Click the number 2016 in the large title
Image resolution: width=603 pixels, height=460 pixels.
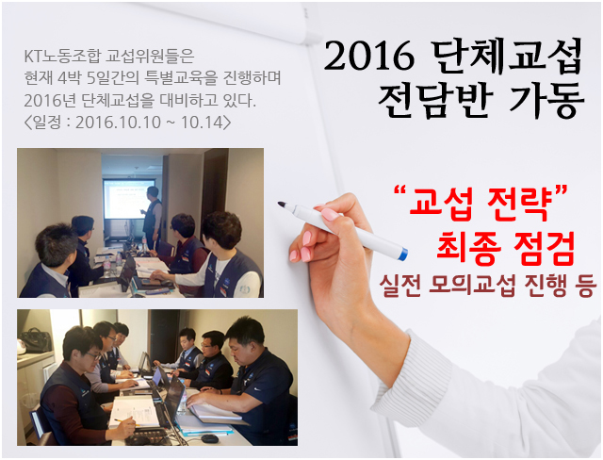click(368, 57)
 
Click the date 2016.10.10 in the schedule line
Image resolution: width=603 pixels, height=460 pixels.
click(119, 123)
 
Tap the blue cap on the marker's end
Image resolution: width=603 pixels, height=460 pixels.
click(402, 255)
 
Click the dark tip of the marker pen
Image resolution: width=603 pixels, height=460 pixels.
click(282, 205)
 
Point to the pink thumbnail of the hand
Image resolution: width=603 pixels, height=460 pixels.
click(329, 214)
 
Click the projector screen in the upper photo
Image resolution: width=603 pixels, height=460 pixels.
click(128, 199)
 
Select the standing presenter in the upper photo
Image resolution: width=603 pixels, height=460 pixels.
click(153, 218)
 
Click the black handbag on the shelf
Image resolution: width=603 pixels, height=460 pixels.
click(36, 340)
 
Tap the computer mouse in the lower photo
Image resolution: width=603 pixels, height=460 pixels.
click(210, 438)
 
